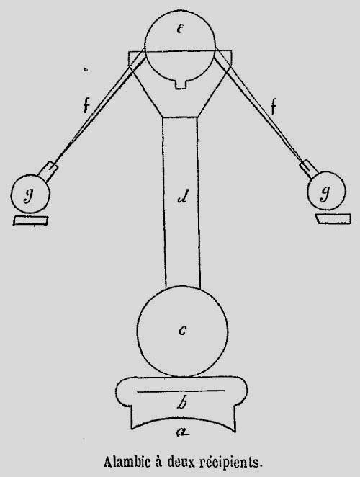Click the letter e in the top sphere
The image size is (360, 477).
click(x=180, y=29)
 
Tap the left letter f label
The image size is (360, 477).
click(x=86, y=106)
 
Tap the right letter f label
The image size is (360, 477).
click(x=274, y=107)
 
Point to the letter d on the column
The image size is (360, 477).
click(x=184, y=197)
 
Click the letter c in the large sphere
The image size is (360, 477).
click(x=182, y=331)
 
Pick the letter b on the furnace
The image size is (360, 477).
click(x=181, y=403)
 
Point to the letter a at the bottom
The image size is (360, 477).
click(x=183, y=431)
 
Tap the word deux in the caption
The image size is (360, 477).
click(x=180, y=462)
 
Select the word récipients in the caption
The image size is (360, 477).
click(x=230, y=463)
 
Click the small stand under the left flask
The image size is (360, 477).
click(x=30, y=220)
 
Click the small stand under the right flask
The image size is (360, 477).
click(x=333, y=219)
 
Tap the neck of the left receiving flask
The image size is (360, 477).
click(x=48, y=172)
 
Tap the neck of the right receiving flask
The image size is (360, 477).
click(x=309, y=169)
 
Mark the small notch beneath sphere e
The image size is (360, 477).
click(x=181, y=84)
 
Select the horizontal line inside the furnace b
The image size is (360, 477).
click(x=181, y=391)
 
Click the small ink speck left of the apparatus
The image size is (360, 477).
click(x=86, y=70)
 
